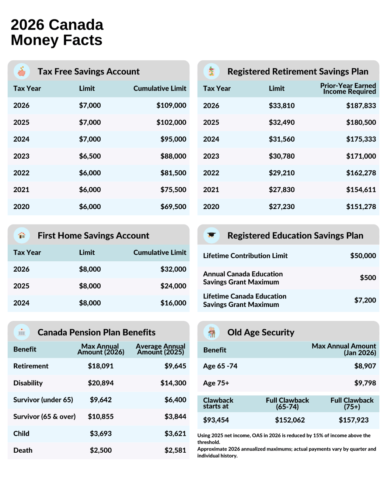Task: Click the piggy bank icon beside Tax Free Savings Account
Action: click(22, 71)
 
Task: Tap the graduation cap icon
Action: click(212, 235)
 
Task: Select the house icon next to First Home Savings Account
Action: click(22, 235)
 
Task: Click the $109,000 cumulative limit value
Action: click(171, 106)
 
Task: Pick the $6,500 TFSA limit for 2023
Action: click(90, 156)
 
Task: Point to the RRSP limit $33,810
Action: click(282, 106)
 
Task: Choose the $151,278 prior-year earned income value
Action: click(361, 207)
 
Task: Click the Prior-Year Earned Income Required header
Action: click(348, 88)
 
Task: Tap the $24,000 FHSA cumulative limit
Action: click(173, 286)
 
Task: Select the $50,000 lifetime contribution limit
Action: click(363, 256)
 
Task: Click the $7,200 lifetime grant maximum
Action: click(365, 300)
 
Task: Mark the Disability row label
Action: click(28, 383)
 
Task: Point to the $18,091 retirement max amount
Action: click(101, 366)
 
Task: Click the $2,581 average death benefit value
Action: click(175, 450)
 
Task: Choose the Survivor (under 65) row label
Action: click(43, 400)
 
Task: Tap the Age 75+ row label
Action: click(216, 383)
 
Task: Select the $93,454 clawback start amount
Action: click(216, 420)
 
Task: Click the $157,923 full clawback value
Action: click(353, 420)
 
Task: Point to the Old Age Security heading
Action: click(261, 332)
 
